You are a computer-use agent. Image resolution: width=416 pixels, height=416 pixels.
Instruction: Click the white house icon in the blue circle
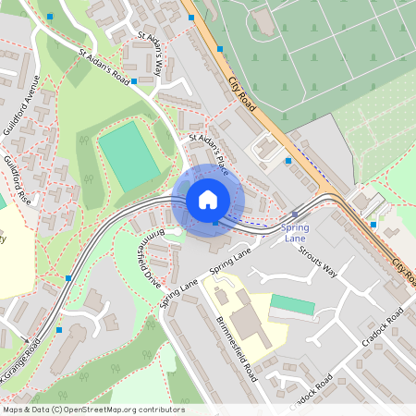coord(208,199)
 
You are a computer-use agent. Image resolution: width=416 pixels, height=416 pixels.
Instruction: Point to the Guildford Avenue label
coord(21,103)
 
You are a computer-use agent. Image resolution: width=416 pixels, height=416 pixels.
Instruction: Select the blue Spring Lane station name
coord(295,232)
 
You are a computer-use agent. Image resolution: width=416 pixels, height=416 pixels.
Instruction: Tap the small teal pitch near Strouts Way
coord(292,303)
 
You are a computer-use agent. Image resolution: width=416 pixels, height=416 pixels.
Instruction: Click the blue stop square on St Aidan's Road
coord(134,81)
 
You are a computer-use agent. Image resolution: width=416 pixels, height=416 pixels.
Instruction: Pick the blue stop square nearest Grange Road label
coord(59,329)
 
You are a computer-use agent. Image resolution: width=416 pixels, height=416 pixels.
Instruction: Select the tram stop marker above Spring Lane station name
coord(294,214)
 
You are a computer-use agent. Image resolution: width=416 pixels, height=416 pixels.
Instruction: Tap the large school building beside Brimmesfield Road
coord(242,319)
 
